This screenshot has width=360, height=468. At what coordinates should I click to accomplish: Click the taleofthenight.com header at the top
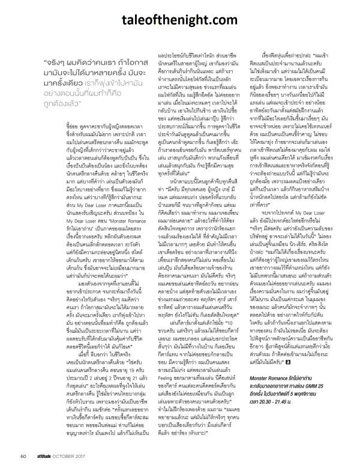coord(180,20)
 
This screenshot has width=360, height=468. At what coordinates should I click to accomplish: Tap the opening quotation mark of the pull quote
coord(46,61)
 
